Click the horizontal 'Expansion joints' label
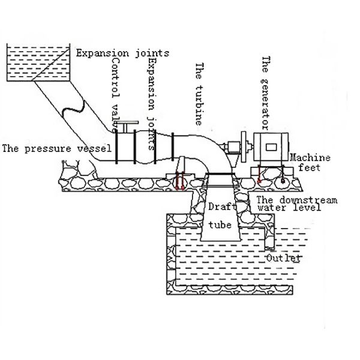(x=122, y=52)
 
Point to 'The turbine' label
(x=200, y=92)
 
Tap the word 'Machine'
(x=310, y=157)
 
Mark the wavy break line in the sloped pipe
(x=71, y=110)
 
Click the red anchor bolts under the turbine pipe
(x=179, y=182)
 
